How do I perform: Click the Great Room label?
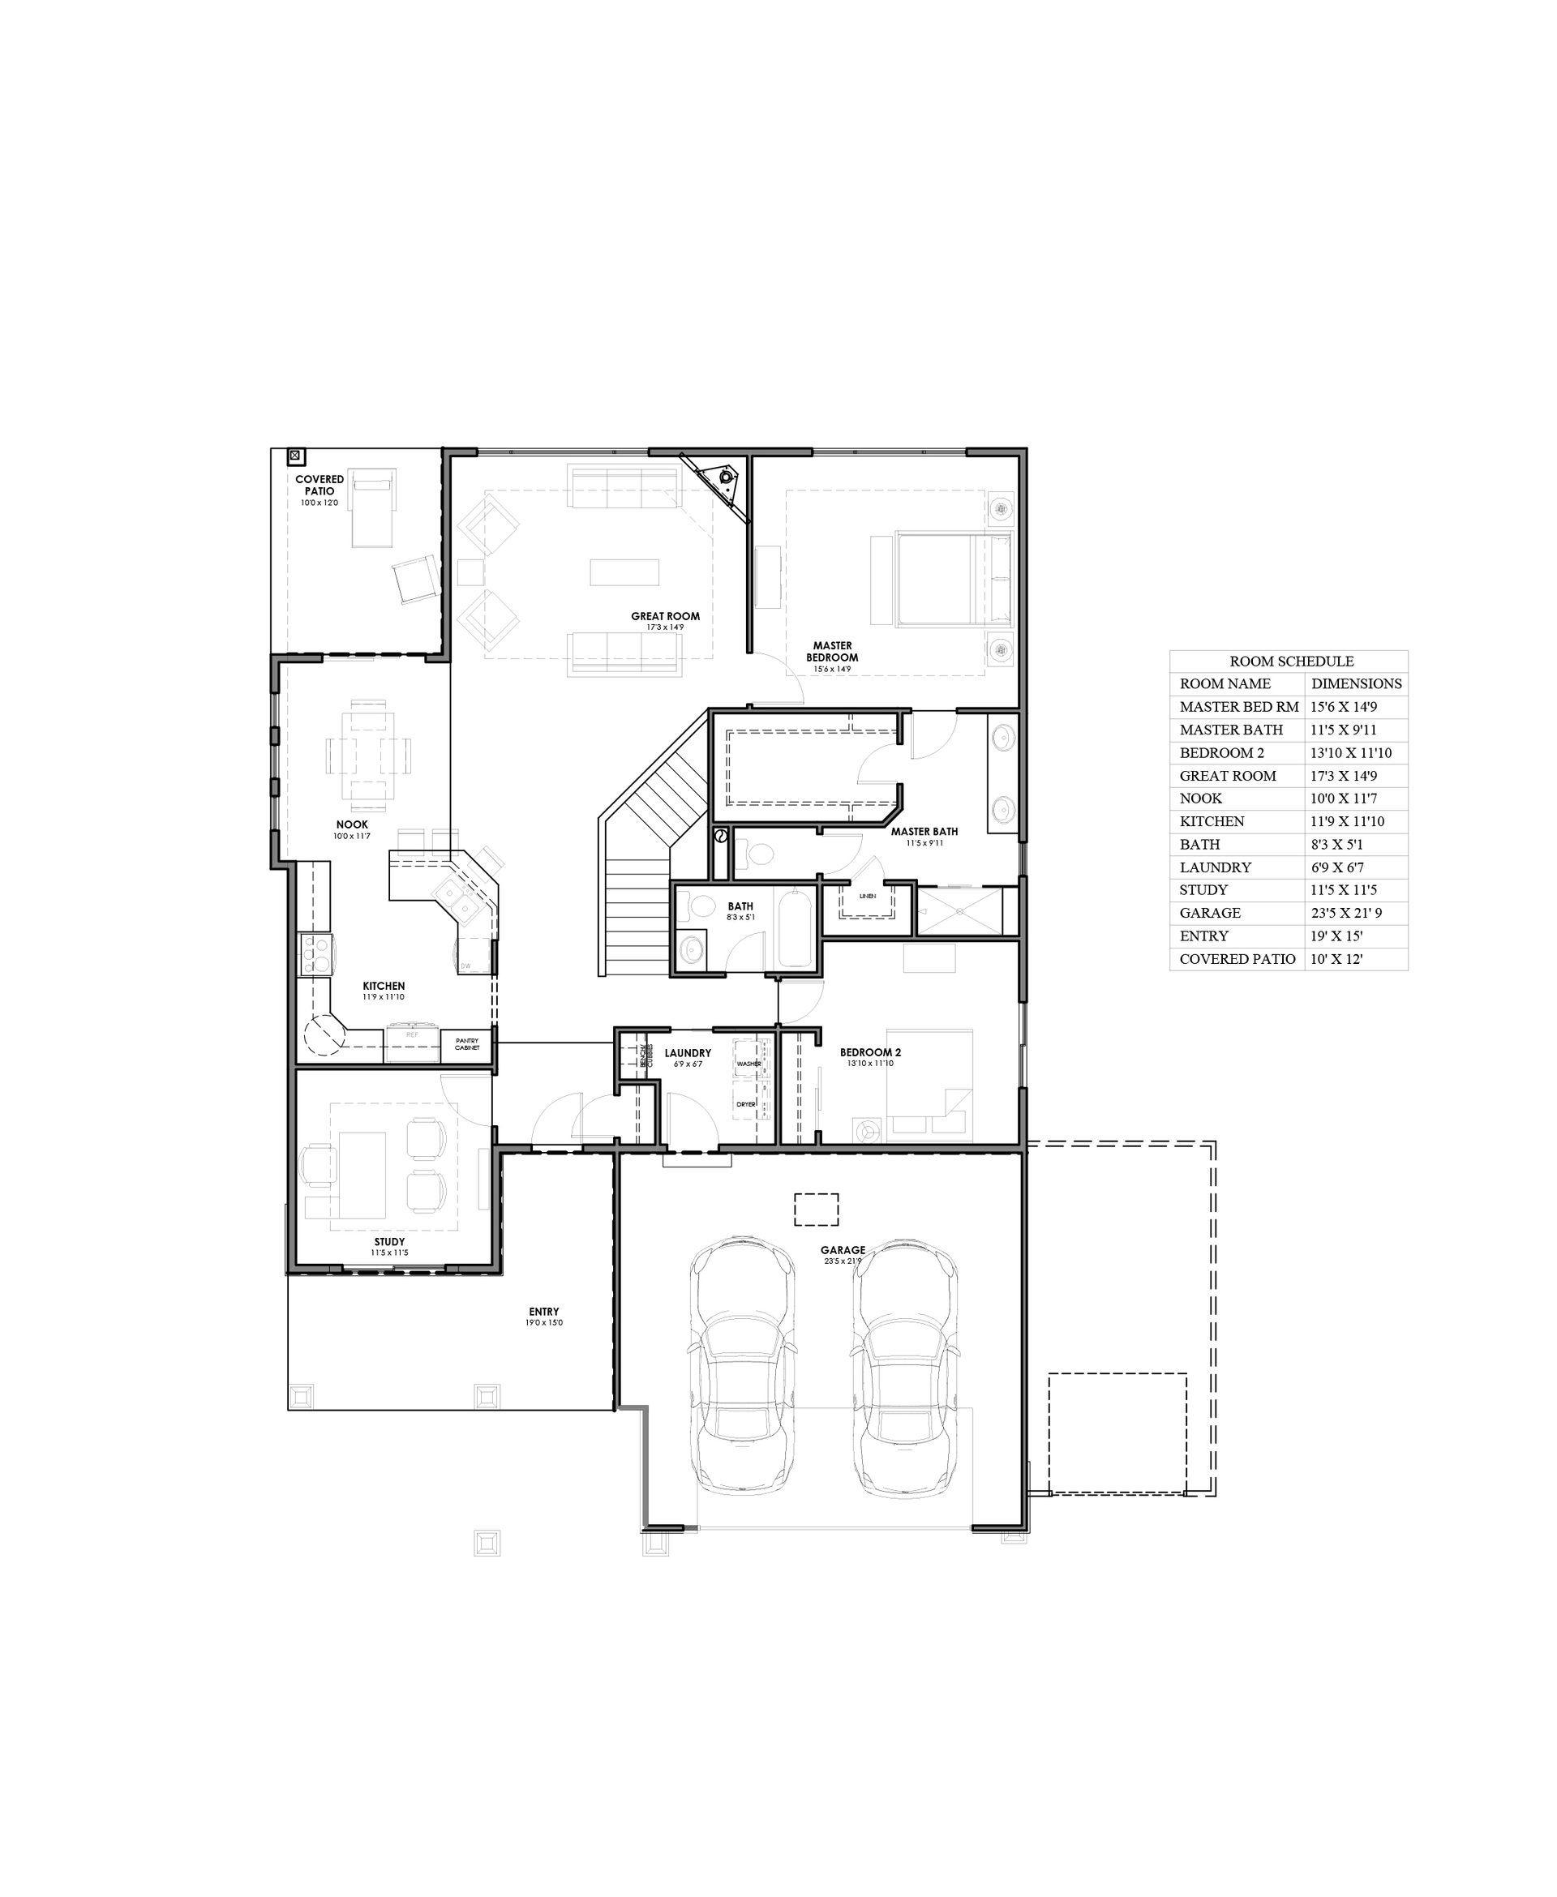point(665,617)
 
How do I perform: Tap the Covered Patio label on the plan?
point(320,485)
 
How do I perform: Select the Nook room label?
point(352,824)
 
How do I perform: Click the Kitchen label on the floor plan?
point(384,986)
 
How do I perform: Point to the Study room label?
point(389,1243)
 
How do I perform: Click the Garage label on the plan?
point(843,1251)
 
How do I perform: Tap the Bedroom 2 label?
point(870,1052)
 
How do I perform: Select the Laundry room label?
point(688,1053)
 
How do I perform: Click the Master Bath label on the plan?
point(924,832)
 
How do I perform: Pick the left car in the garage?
point(743,1367)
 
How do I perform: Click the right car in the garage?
point(906,1367)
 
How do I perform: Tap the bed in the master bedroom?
point(941,579)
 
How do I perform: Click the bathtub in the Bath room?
point(795,928)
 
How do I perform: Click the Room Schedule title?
point(1291,662)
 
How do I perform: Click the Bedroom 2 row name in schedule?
point(1221,753)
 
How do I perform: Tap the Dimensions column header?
point(1356,684)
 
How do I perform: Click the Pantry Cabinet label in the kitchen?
point(466,1044)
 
